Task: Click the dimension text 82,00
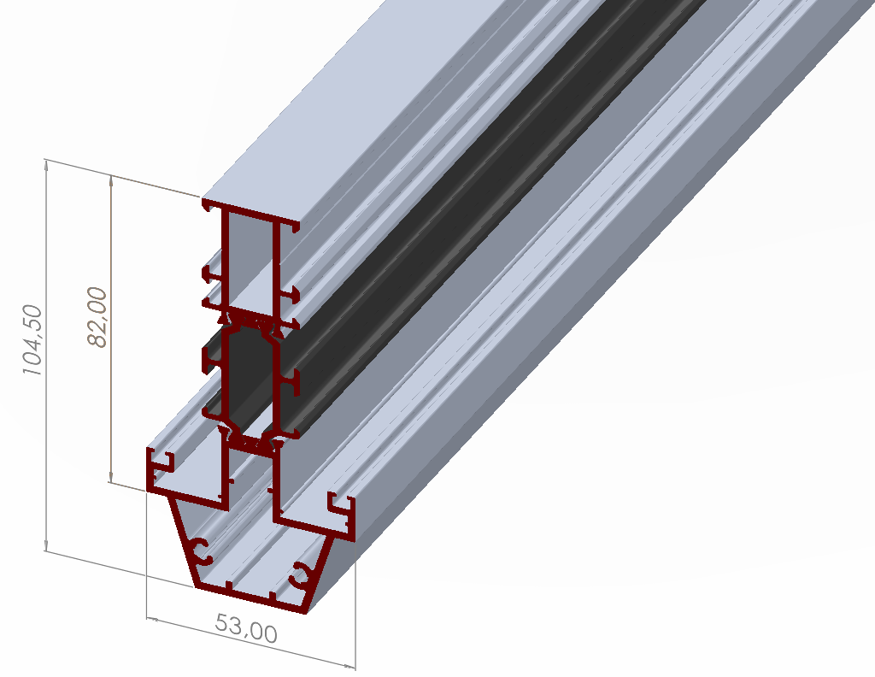pyautogui.click(x=97, y=316)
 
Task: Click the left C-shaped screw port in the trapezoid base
pyautogui.click(x=203, y=551)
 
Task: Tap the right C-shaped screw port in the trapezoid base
pyautogui.click(x=303, y=575)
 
